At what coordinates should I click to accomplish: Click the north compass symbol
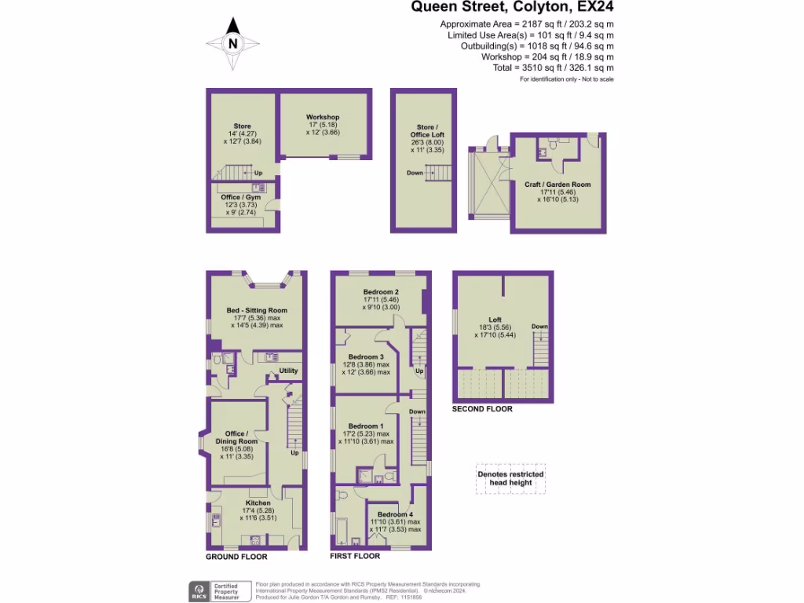click(x=232, y=44)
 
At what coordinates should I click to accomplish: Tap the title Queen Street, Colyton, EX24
click(x=513, y=8)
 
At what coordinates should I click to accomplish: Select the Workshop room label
click(x=323, y=118)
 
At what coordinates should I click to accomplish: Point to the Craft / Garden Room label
click(x=557, y=185)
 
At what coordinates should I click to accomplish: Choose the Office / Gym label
click(x=241, y=197)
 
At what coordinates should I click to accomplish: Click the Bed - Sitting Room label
click(x=256, y=310)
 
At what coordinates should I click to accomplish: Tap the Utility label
click(x=289, y=371)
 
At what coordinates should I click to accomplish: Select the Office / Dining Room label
click(x=236, y=437)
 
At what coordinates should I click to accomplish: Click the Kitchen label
click(x=258, y=503)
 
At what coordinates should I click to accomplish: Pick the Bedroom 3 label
click(x=366, y=356)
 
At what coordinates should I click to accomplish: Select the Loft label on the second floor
click(x=495, y=320)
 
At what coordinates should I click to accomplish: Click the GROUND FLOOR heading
click(x=236, y=557)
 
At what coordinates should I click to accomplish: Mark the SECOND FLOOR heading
click(x=482, y=409)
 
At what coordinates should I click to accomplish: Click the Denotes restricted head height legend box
click(x=510, y=478)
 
